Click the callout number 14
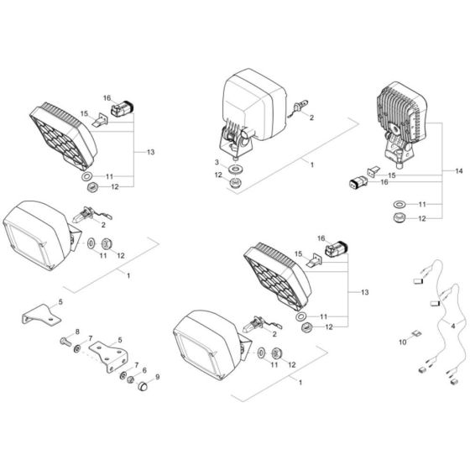457,170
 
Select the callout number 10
402,342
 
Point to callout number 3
216,161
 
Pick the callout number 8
77,333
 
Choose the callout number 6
144,371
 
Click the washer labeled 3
236,163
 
